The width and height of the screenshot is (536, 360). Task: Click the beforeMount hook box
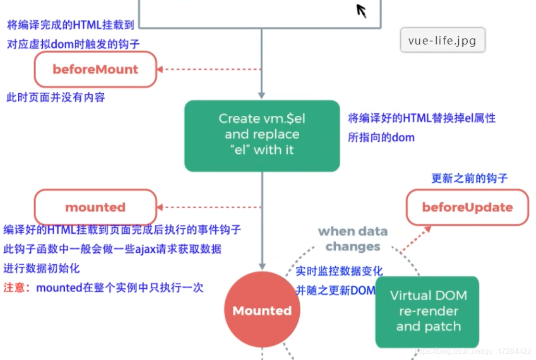(x=95, y=69)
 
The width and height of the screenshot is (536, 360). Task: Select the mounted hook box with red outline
(x=95, y=208)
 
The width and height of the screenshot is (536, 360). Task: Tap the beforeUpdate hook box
(x=467, y=208)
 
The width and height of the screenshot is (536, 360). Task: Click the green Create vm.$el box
(x=262, y=135)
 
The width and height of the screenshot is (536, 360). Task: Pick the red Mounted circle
(x=262, y=310)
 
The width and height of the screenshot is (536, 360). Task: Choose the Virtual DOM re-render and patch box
(x=427, y=311)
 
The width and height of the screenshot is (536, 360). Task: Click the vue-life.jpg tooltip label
(x=442, y=40)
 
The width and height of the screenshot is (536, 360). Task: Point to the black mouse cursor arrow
(x=361, y=10)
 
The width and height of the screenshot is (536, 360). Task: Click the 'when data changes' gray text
(x=353, y=239)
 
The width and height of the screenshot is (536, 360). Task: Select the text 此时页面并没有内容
(x=56, y=98)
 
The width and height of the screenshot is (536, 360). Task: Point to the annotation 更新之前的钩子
(x=469, y=178)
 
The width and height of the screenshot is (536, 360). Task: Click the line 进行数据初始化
(x=42, y=268)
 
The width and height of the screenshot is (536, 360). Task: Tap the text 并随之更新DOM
(x=335, y=290)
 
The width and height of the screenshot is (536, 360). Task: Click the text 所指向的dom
(x=381, y=137)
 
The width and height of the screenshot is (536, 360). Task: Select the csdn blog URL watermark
(x=473, y=351)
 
